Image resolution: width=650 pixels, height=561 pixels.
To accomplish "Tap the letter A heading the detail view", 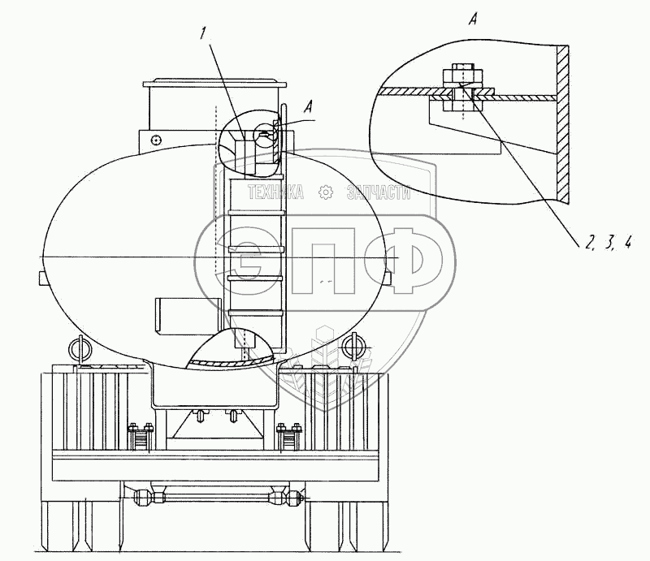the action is [472, 20].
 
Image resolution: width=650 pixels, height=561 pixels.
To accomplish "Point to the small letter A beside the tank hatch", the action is [305, 104].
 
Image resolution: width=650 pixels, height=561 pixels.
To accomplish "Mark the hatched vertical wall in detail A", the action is [561, 122].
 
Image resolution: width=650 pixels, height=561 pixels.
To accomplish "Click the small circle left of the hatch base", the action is [154, 140].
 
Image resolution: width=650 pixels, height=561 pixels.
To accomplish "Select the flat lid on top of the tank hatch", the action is [215, 83].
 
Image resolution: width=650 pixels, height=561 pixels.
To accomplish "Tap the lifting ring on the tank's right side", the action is [351, 347].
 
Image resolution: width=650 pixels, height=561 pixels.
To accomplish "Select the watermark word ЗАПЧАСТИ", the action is [379, 192].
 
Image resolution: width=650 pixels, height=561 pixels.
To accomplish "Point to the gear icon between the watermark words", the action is [327, 192].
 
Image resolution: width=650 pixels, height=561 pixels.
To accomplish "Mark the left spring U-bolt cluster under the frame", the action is [139, 439].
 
